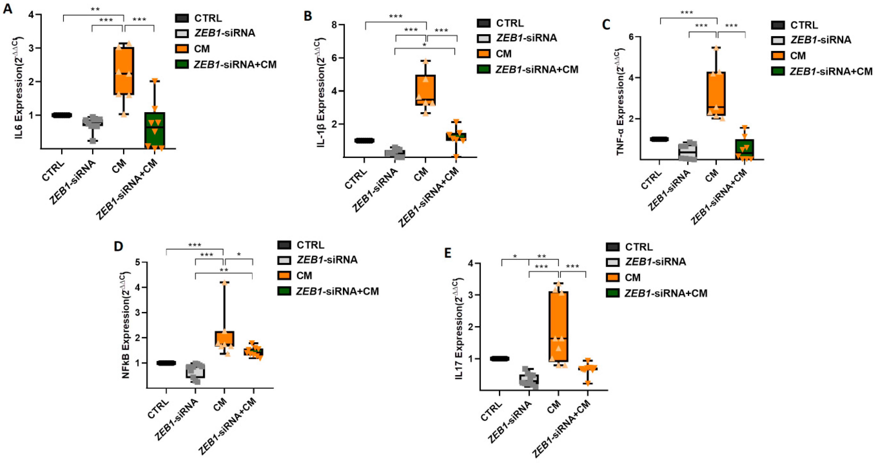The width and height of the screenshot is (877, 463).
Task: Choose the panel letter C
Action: (x=606, y=25)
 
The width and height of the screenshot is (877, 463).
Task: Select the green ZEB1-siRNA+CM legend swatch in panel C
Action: (x=778, y=71)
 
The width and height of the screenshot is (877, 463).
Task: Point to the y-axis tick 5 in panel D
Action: (x=137, y=262)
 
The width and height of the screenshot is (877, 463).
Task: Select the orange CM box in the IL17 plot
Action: (x=558, y=326)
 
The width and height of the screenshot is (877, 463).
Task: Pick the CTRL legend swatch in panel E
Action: (x=613, y=247)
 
